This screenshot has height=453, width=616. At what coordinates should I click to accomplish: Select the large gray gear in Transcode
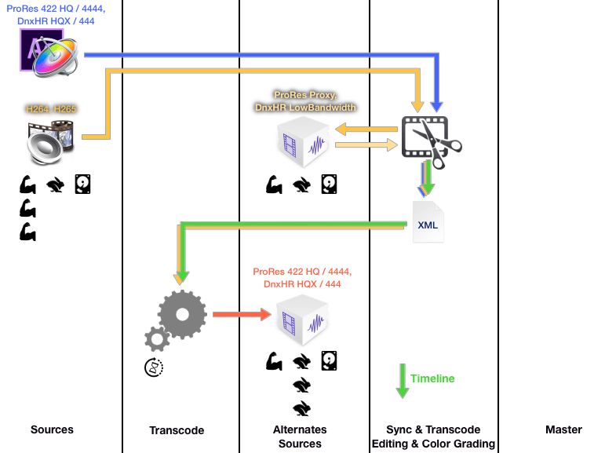click(x=182, y=313)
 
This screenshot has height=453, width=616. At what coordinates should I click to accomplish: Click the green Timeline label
click(x=432, y=378)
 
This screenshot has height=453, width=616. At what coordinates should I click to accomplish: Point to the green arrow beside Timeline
click(x=402, y=381)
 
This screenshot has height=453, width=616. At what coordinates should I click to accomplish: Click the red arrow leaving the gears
click(x=240, y=314)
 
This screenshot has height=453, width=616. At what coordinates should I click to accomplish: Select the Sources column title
click(x=52, y=429)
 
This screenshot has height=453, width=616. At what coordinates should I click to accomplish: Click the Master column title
click(x=563, y=429)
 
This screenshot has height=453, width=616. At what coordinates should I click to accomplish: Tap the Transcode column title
click(x=177, y=430)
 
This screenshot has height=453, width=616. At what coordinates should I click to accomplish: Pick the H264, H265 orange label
click(x=52, y=109)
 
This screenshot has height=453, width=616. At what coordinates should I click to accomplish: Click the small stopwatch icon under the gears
click(x=154, y=366)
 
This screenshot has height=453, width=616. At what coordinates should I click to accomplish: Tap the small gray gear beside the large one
click(x=156, y=339)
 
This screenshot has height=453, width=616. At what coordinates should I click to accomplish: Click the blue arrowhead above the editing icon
click(x=437, y=101)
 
